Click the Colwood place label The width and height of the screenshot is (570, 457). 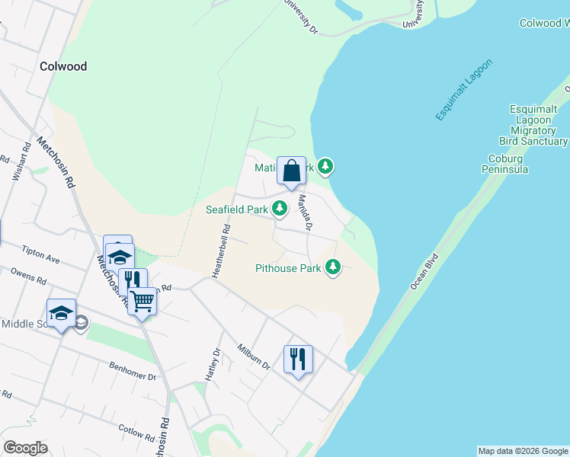click(x=63, y=66)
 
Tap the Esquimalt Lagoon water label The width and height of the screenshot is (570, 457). click(x=464, y=88)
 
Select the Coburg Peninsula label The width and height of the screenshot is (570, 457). click(x=505, y=164)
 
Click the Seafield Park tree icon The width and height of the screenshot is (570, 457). click(x=280, y=208)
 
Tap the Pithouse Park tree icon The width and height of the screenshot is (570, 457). click(x=332, y=267)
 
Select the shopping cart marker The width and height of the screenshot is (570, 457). click(x=142, y=302)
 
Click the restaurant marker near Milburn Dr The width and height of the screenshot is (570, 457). click(x=298, y=359)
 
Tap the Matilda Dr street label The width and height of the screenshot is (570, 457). click(x=306, y=213)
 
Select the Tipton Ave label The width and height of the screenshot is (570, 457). click(x=40, y=254)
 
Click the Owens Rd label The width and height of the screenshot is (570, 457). click(x=28, y=276)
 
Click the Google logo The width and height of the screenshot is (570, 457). click(x=25, y=448)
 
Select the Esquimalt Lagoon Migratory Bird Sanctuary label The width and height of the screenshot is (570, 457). click(x=533, y=126)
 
